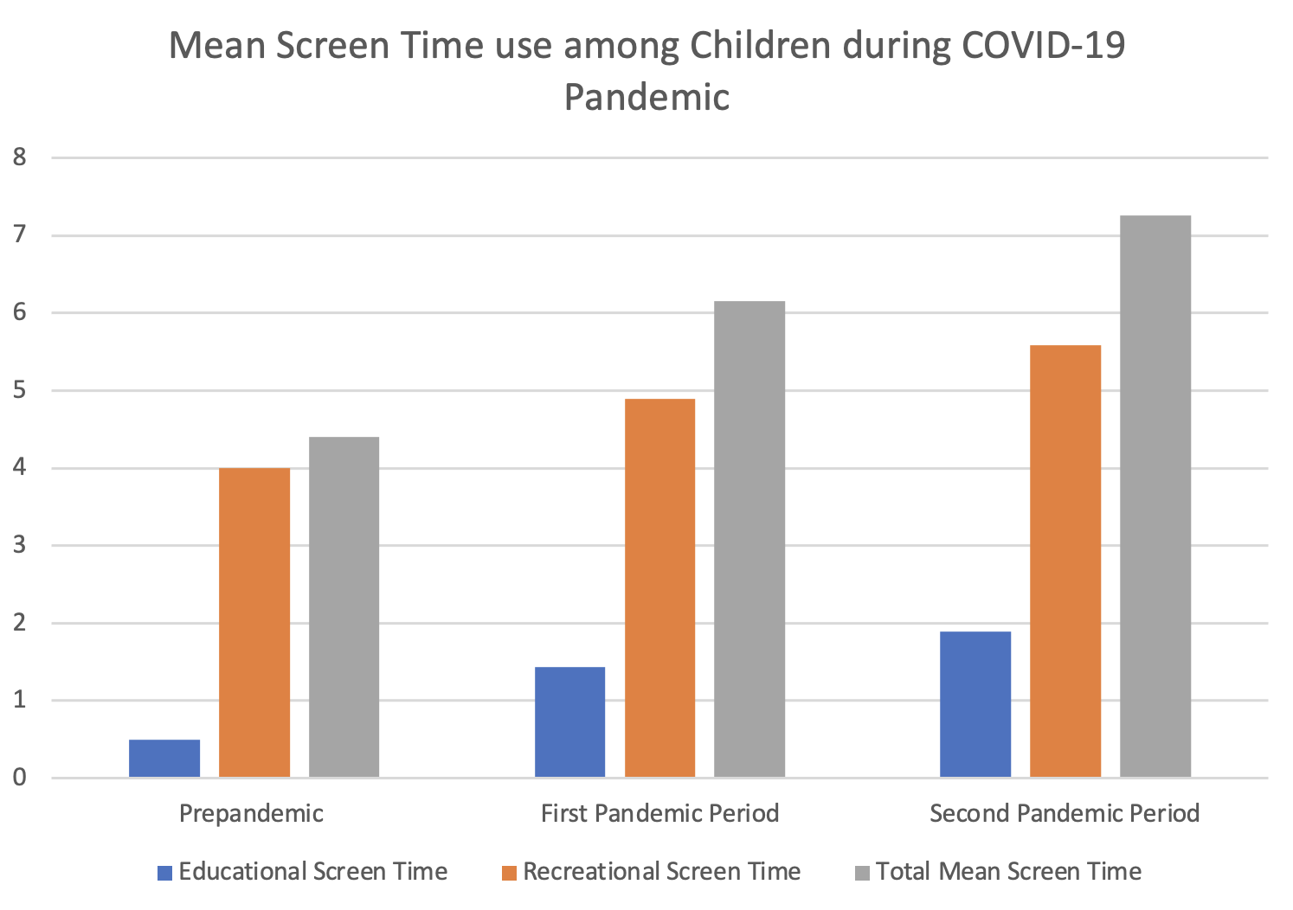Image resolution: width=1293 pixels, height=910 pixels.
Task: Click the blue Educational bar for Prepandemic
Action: [164, 759]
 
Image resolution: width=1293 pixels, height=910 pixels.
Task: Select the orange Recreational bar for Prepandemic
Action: [254, 622]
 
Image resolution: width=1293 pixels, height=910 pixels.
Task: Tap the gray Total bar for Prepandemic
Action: [344, 606]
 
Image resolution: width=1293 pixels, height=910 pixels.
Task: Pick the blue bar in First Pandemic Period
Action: [569, 722]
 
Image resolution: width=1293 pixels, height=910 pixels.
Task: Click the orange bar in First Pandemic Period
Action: [659, 587]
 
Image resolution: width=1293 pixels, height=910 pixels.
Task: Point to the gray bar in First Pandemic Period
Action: [749, 539]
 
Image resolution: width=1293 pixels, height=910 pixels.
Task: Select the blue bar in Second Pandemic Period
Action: [975, 704]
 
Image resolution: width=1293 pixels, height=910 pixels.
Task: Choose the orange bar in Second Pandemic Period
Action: [1065, 561]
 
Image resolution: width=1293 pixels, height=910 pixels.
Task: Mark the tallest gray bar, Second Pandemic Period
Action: [1155, 496]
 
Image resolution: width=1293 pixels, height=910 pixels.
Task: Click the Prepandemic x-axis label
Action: [251, 814]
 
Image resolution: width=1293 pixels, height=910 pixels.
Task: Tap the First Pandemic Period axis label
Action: [659, 814]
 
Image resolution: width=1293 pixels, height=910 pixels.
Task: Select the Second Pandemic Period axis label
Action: [1065, 814]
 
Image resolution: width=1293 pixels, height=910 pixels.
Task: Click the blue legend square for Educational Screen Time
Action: [164, 873]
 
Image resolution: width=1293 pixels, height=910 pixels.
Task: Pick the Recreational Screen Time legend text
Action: [662, 872]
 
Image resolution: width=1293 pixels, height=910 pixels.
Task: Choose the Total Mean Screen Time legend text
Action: [1008, 872]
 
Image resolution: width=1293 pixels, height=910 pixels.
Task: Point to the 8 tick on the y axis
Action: [19, 157]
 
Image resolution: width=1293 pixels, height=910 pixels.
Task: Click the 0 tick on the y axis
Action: [19, 778]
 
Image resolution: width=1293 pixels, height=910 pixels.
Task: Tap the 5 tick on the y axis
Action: [19, 390]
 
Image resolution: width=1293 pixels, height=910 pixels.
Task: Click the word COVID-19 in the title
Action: [1042, 46]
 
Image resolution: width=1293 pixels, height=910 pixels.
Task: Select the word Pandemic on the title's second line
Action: [646, 97]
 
